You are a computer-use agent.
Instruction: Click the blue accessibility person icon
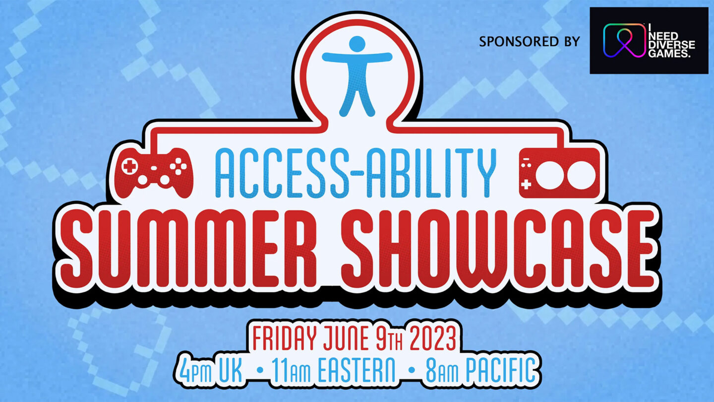(357, 74)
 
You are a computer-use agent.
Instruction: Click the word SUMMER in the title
(192, 251)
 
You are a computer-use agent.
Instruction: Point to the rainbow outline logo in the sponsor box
(622, 40)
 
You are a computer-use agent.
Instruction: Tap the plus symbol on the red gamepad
(129, 167)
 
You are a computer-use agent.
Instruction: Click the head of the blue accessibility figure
(357, 44)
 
